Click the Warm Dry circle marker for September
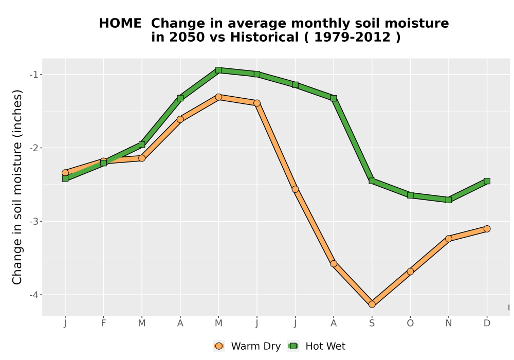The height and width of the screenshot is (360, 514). click(x=372, y=304)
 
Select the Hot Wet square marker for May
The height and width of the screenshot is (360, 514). click(x=218, y=70)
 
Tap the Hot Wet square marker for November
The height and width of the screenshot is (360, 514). click(x=449, y=200)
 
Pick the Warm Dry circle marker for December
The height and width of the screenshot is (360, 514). click(x=487, y=229)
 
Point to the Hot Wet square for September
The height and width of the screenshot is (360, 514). click(x=372, y=181)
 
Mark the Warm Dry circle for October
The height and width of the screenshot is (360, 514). click(x=410, y=272)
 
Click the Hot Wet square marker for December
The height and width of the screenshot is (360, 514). click(x=487, y=181)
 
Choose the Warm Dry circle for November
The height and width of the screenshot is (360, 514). click(x=449, y=239)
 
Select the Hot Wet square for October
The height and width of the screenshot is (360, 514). click(x=410, y=195)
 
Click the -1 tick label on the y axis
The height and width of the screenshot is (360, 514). click(x=34, y=75)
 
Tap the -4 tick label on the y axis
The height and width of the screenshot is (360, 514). click(x=34, y=295)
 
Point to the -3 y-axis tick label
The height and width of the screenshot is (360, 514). click(x=34, y=221)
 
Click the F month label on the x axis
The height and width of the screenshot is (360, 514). click(x=104, y=323)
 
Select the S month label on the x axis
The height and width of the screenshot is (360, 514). click(x=372, y=323)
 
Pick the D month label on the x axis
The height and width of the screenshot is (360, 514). click(x=487, y=323)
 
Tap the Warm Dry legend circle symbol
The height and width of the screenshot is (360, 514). click(x=219, y=346)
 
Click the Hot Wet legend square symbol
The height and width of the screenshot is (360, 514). click(x=293, y=346)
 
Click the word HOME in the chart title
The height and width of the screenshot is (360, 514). click(x=120, y=24)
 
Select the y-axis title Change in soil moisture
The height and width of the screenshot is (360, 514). click(x=17, y=187)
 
